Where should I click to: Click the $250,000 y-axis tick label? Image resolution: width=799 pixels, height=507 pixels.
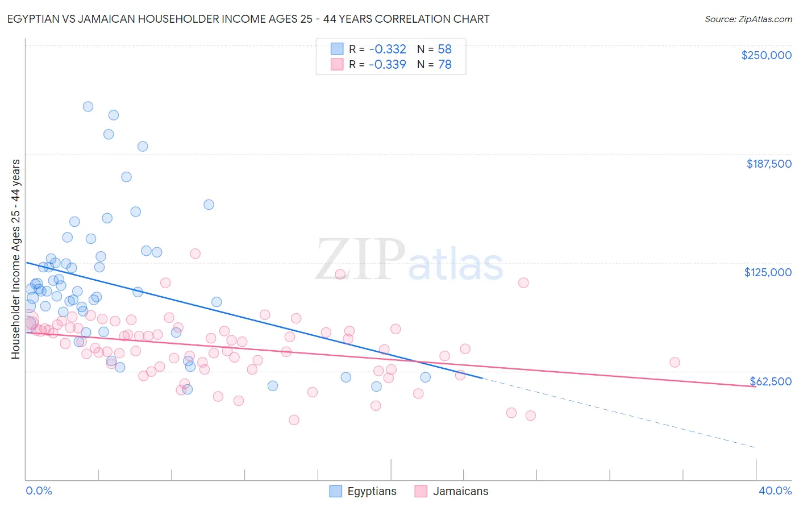[766, 55]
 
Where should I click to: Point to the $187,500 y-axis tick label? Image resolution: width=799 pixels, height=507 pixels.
[768, 164]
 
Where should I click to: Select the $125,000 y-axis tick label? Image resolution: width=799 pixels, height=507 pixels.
[768, 272]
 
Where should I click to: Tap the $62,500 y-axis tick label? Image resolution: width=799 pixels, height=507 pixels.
[770, 381]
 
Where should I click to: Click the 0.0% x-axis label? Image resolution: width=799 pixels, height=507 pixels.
[39, 491]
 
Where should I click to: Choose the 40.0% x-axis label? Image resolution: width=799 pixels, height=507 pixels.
[775, 491]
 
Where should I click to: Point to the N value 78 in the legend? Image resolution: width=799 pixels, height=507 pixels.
[444, 65]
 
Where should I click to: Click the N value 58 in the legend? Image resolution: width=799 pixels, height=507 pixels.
[444, 49]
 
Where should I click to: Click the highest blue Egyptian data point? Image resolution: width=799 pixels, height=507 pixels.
[88, 106]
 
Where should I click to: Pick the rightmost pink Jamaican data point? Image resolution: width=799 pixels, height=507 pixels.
[675, 362]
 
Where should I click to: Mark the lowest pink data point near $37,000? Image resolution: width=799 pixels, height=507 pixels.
[294, 420]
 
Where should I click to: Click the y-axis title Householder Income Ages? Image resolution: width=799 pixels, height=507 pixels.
[15, 259]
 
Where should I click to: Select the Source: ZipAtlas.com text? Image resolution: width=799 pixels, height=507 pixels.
[748, 19]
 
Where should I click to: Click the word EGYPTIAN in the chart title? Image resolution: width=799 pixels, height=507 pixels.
[36, 19]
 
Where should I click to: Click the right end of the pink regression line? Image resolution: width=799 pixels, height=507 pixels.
[755, 387]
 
